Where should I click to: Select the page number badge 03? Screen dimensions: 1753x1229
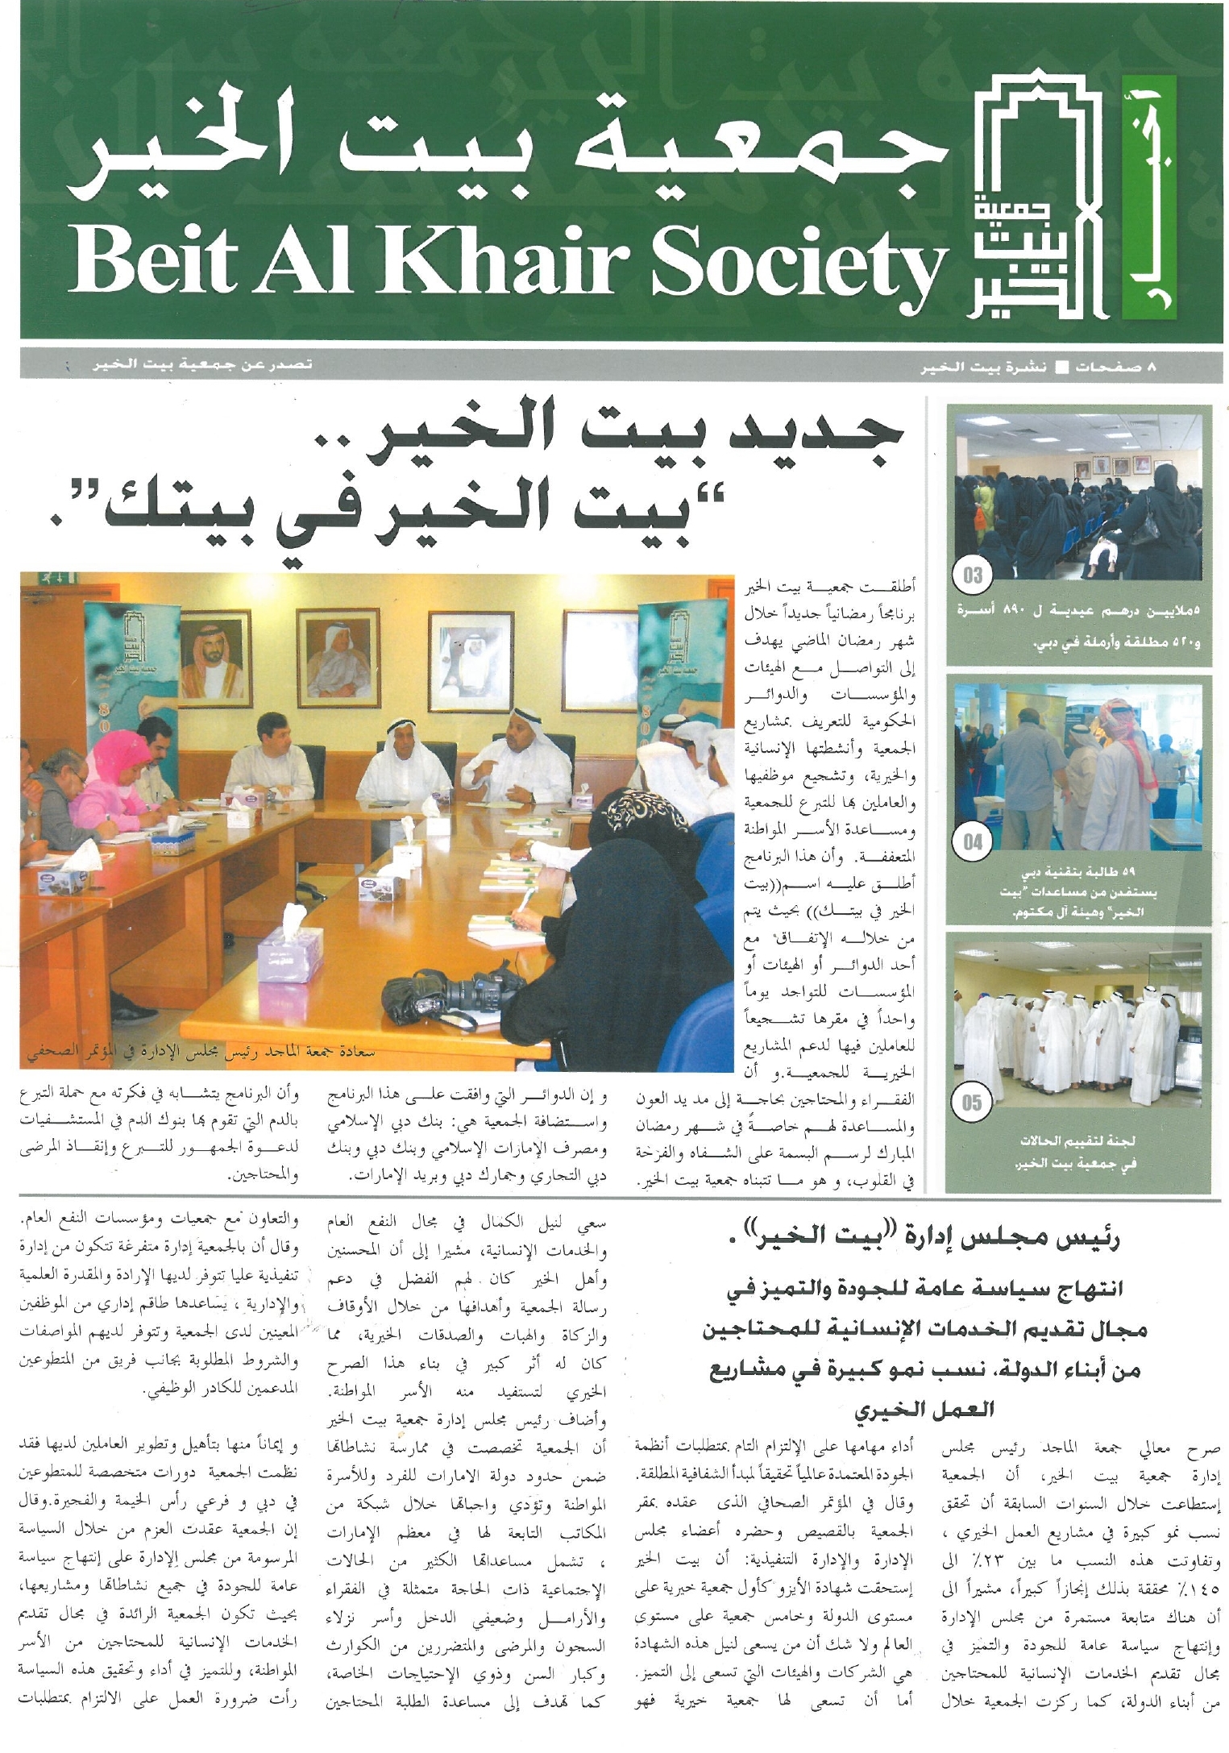point(973,575)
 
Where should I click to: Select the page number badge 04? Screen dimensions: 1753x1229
point(973,842)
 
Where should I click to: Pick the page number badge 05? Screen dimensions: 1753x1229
point(973,1102)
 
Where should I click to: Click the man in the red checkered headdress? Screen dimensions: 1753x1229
point(1128,750)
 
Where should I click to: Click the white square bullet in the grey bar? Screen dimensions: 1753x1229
point(1062,367)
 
